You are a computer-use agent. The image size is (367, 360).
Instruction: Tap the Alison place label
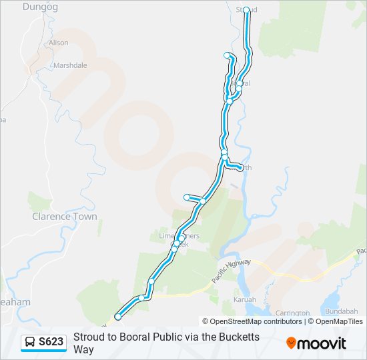58,43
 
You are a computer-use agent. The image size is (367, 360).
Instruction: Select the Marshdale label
71,66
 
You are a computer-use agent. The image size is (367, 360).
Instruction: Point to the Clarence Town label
65,216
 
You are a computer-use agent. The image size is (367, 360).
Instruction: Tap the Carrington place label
292,313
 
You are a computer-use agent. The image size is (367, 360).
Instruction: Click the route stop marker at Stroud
246,10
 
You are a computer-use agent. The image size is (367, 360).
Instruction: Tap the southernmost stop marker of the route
118,317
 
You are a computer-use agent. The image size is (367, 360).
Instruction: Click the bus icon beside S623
30,342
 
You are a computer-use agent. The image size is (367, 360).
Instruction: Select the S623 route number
51,342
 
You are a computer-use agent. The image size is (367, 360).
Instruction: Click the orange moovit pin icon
292,343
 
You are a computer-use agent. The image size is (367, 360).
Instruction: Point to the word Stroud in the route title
88,337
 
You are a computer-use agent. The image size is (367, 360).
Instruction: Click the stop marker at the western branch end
187,197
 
